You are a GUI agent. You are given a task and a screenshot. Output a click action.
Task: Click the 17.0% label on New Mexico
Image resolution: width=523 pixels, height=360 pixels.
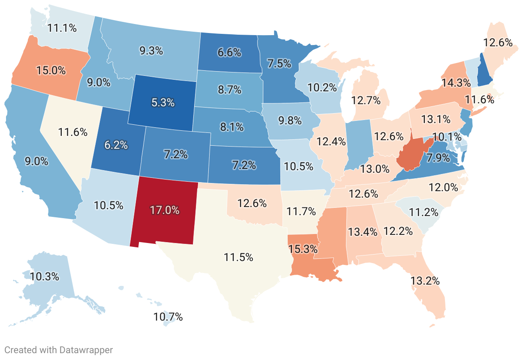click(165, 210)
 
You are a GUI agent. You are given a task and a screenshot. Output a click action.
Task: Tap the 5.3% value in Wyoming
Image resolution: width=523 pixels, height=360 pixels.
click(162, 102)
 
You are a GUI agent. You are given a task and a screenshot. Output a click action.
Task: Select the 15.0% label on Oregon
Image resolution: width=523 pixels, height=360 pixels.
click(51, 70)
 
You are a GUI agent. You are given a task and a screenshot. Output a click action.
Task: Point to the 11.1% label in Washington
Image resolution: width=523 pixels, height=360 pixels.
click(62, 28)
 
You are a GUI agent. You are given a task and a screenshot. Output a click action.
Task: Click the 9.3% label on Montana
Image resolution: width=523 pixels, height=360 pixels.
click(151, 51)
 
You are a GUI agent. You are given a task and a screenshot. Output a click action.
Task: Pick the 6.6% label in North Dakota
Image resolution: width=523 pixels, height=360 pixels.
click(229, 53)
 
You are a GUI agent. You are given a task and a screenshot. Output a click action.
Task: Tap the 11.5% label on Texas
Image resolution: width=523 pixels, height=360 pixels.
click(238, 258)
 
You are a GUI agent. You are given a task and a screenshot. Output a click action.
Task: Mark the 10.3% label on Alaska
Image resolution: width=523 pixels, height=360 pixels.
click(45, 276)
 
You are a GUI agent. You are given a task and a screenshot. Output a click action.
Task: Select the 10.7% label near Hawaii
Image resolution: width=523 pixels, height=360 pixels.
click(168, 317)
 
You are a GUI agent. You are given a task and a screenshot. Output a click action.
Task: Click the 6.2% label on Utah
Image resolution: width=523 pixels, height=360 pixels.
click(116, 145)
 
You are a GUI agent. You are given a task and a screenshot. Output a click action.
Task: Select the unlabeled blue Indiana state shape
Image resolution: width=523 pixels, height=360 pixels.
click(357, 144)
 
